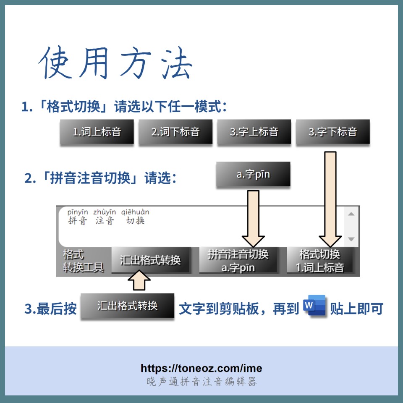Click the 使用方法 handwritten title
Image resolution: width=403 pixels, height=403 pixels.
pos(116,63)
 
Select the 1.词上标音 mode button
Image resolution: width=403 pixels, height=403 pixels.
pos(97,131)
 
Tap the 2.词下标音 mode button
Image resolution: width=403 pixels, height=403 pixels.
pos(175,131)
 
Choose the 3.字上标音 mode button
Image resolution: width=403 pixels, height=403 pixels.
pos(254,131)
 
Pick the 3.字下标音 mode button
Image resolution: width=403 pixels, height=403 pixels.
pos(333,131)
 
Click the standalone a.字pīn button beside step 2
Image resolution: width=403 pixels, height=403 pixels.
pos(253,174)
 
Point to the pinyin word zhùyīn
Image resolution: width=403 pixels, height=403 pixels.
pos(105,212)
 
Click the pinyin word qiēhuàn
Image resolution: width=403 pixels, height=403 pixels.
pos(135,212)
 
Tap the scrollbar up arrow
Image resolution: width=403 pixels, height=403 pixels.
pos(351,214)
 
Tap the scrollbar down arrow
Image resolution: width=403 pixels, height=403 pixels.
pos(351,239)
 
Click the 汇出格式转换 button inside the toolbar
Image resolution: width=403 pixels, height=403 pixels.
pos(151,260)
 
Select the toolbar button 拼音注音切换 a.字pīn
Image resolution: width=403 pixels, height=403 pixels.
pos(238,260)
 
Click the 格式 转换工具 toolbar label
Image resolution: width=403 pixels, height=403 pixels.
pos(83,261)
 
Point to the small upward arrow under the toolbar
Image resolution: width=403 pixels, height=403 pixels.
pos(139,280)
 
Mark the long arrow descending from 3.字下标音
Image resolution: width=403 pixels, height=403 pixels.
pos(330,199)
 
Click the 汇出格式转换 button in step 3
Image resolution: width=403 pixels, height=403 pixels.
pos(128,306)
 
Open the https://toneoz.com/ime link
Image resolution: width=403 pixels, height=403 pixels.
pos(201,368)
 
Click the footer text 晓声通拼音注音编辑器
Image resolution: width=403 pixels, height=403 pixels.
pos(201,382)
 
